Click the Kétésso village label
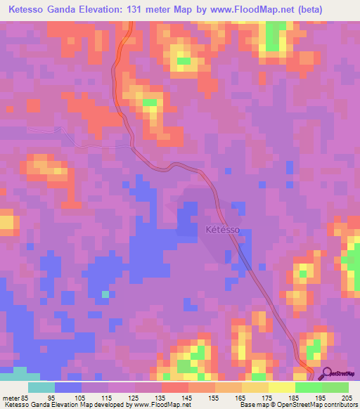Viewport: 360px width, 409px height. [x=223, y=229]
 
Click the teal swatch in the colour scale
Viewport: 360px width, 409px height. [x=41, y=388]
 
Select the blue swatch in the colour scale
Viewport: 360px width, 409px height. [x=68, y=388]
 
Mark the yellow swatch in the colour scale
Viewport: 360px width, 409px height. [x=281, y=388]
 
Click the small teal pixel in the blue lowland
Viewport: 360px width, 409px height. [x=105, y=294]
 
